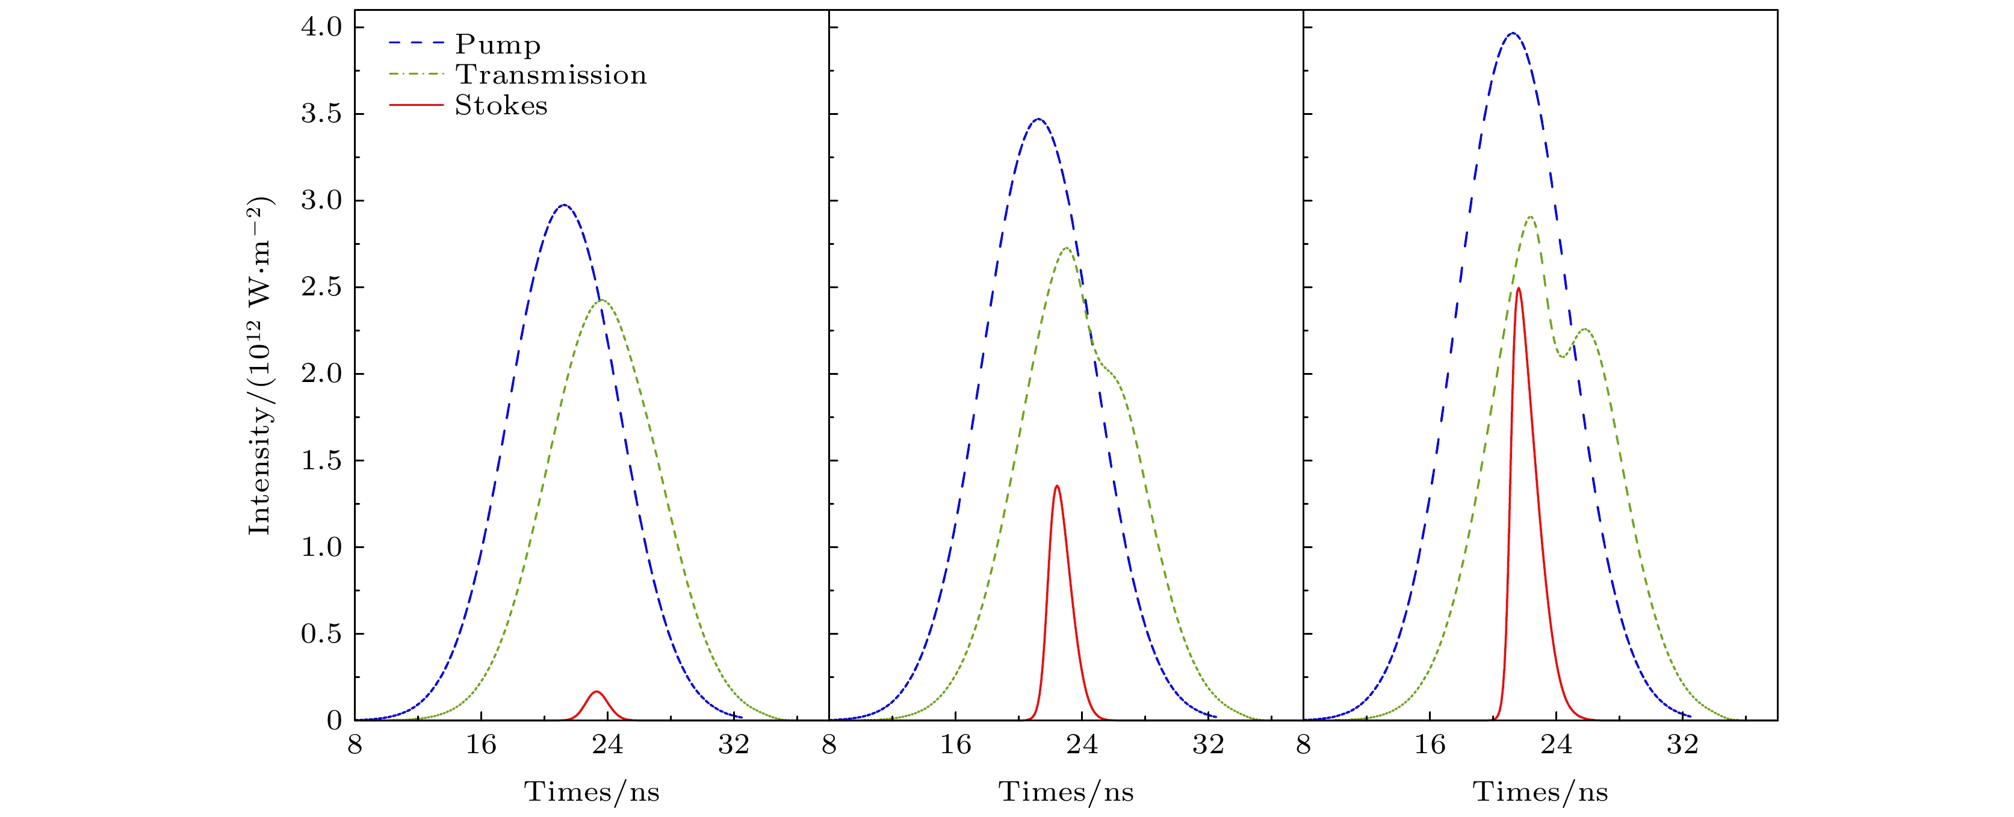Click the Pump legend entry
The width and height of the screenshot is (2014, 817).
[x=497, y=45]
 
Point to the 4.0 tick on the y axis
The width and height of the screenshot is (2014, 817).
[x=321, y=27]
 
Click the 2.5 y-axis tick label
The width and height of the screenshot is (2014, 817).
[x=321, y=288]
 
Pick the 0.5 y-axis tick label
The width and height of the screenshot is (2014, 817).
[x=321, y=634]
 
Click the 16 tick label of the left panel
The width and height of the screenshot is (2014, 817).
[x=481, y=745]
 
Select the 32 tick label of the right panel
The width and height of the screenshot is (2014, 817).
[x=1682, y=745]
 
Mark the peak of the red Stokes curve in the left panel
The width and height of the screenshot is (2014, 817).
[x=596, y=691]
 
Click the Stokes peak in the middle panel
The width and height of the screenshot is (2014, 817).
[x=1057, y=486]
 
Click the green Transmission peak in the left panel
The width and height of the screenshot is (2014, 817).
[x=601, y=300]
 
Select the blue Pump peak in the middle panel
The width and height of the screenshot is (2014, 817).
[x=1038, y=119]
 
